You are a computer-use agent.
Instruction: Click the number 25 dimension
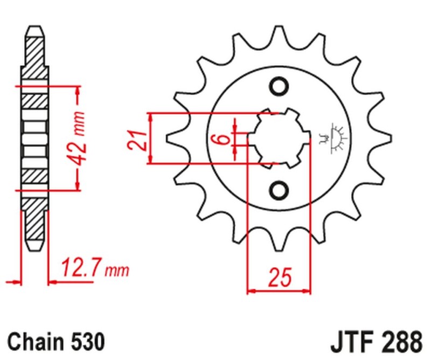[279, 278]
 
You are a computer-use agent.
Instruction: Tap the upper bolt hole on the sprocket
[279, 86]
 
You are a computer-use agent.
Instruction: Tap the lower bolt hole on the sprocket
[279, 190]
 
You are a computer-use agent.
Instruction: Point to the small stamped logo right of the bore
[337, 137]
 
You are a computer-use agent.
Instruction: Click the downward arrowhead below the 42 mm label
[79, 185]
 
